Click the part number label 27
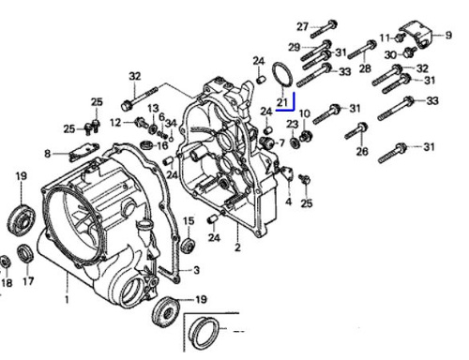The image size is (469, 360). [x=302, y=26]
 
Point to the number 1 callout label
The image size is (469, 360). [x=67, y=299]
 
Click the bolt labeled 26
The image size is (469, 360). [x=356, y=131]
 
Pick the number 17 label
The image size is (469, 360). [x=28, y=281]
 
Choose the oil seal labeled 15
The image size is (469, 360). [x=189, y=245]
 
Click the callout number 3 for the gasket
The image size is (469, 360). [x=196, y=270]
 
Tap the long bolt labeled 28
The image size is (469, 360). [x=362, y=50]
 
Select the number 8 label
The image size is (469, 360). [x=48, y=154]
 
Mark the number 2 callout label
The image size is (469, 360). [x=237, y=247]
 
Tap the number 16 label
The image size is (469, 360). [x=162, y=145]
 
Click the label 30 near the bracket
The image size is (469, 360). [x=390, y=55]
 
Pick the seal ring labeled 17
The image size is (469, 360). [x=25, y=254]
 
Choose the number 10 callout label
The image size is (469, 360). [x=305, y=113]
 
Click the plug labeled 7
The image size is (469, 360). [x=266, y=142]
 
